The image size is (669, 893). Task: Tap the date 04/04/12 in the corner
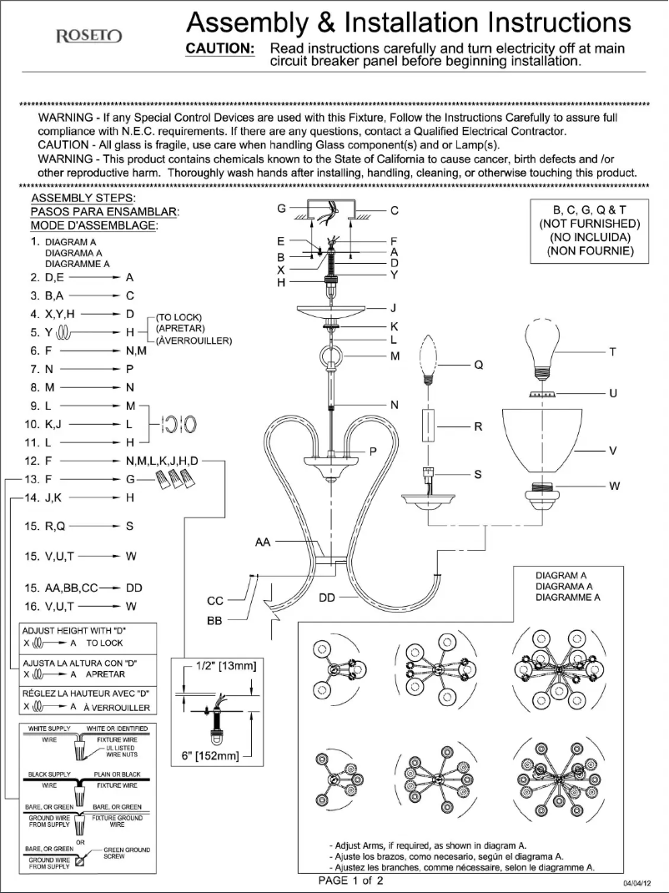(638, 882)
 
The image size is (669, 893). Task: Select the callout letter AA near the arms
(263, 542)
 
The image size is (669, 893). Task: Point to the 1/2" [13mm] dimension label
(220, 665)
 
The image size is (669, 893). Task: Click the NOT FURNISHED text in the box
(589, 225)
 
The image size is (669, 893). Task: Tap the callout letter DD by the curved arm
(328, 598)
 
